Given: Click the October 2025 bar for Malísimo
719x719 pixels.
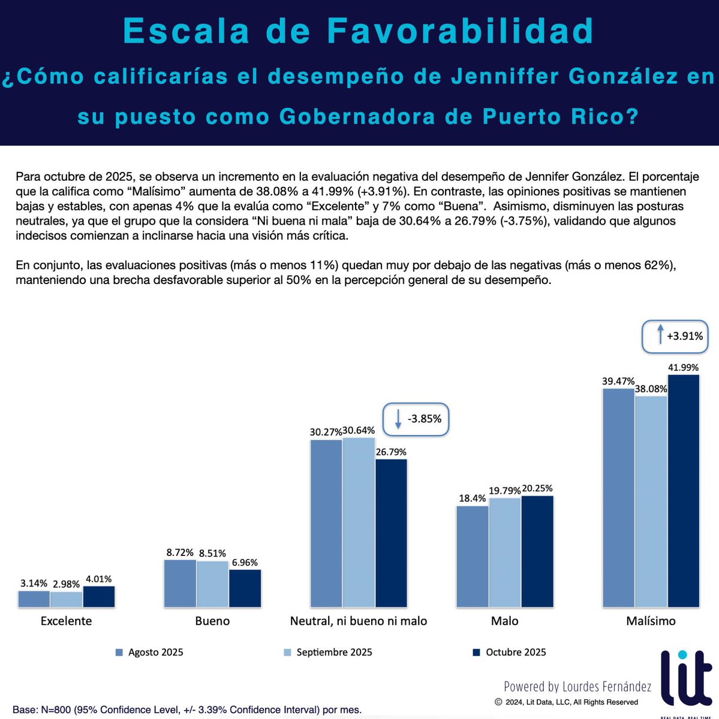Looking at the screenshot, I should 684,491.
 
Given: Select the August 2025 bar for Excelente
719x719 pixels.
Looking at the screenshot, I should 34,599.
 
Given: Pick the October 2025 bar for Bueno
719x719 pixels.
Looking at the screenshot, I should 245,588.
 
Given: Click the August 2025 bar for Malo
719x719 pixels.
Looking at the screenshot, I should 472,557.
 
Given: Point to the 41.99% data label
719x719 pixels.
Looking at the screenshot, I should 684,367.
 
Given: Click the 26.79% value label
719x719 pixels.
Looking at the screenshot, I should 391,452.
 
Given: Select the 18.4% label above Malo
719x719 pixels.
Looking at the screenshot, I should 472,499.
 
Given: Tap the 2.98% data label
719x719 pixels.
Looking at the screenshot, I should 66,584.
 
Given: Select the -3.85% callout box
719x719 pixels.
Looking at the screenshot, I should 416,419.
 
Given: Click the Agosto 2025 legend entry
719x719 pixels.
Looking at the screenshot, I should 149,652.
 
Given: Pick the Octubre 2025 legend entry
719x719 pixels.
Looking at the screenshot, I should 509,652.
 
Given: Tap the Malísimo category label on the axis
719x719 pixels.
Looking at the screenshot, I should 651,621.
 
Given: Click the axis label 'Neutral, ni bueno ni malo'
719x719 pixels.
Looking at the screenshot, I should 359,621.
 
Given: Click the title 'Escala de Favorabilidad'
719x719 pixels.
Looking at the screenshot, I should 359,31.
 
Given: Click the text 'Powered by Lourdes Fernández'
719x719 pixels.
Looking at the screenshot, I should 577,687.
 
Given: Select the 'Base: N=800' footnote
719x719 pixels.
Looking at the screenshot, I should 187,710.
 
